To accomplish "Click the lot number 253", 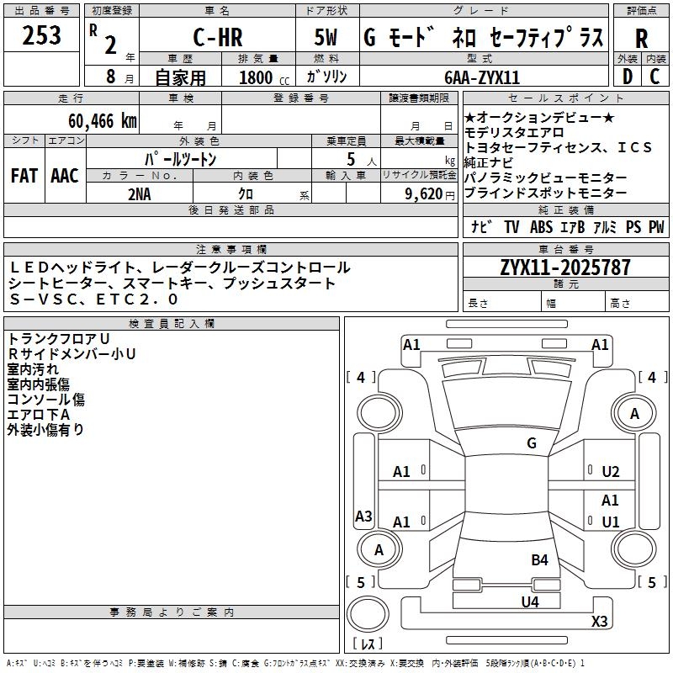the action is [x=42, y=35].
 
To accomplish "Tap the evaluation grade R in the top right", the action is [x=641, y=38].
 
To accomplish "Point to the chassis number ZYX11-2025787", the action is [x=565, y=268].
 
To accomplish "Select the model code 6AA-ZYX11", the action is [x=482, y=77].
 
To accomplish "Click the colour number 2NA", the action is [x=140, y=193].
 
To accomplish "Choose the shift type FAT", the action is [x=24, y=176].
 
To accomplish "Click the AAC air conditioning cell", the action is [x=64, y=176].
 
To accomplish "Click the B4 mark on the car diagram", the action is [x=539, y=559].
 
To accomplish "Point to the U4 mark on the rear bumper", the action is [x=529, y=601].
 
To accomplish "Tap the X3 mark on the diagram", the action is [x=599, y=621].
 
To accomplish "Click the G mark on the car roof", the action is [x=532, y=443].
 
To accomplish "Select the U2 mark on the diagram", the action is [x=610, y=472].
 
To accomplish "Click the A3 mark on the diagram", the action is [x=363, y=517].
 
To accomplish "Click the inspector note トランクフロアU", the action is [x=59, y=338].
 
